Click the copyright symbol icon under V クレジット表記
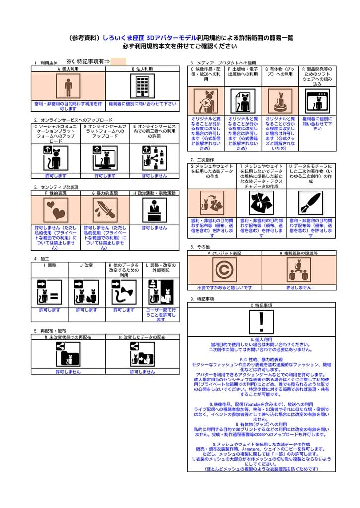[x=224, y=270]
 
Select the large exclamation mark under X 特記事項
[x=262, y=321]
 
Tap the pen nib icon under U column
[x=311, y=202]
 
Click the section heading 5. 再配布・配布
[x=50, y=331]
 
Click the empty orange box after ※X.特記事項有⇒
[x=118, y=62]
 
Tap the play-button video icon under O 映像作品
[x=206, y=102]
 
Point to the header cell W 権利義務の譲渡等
[x=298, y=253]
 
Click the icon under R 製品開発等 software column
[x=317, y=102]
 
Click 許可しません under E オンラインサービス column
[x=154, y=176]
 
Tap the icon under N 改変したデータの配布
[x=142, y=354]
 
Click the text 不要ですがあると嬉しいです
[x=224, y=287]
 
